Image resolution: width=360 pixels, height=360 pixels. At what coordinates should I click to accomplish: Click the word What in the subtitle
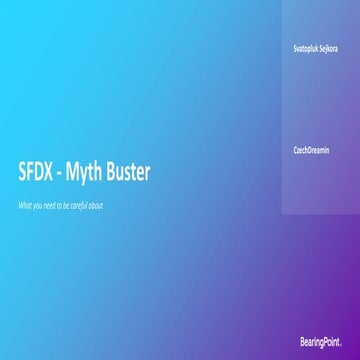pyautogui.click(x=25, y=205)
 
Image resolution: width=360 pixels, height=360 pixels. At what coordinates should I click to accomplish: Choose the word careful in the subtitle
pyautogui.click(x=80, y=205)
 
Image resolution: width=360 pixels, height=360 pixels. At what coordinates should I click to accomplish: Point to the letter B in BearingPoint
pyautogui.click(x=301, y=342)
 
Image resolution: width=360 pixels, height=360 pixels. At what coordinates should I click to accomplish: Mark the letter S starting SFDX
pyautogui.click(x=23, y=173)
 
